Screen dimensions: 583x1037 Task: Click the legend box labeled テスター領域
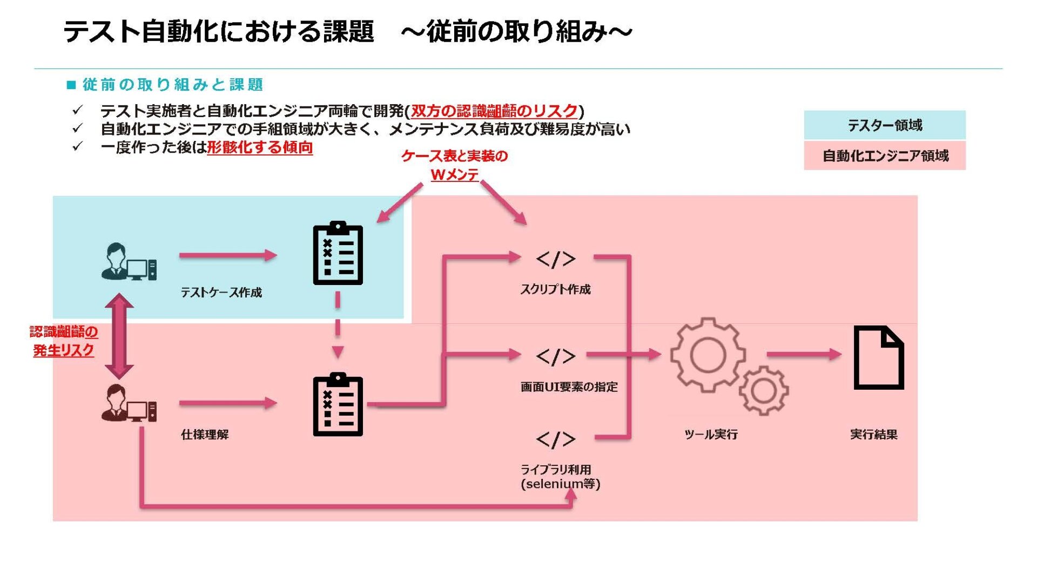pyautogui.click(x=884, y=125)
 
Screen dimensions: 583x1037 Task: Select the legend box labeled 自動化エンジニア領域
pyautogui.click(x=884, y=156)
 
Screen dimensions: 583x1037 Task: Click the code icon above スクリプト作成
pyautogui.click(x=555, y=259)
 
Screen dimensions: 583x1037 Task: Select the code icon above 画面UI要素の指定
pyautogui.click(x=555, y=356)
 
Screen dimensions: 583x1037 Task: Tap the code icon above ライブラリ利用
pyautogui.click(x=555, y=439)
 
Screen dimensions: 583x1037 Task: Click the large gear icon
pyautogui.click(x=708, y=355)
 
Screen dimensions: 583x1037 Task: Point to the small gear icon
pyautogui.click(x=763, y=390)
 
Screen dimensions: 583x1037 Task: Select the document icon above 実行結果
pyautogui.click(x=878, y=357)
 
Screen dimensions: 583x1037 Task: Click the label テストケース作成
pyautogui.click(x=221, y=293)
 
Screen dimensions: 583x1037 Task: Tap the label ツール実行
pyautogui.click(x=711, y=435)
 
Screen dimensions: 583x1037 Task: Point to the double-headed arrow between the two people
pyautogui.click(x=119, y=336)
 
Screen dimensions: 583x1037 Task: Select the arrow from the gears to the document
pyautogui.click(x=804, y=355)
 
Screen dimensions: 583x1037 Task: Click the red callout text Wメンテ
pyautogui.click(x=455, y=174)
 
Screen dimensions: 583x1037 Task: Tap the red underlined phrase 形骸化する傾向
pyautogui.click(x=260, y=147)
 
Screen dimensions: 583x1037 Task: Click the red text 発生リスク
pyautogui.click(x=63, y=350)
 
